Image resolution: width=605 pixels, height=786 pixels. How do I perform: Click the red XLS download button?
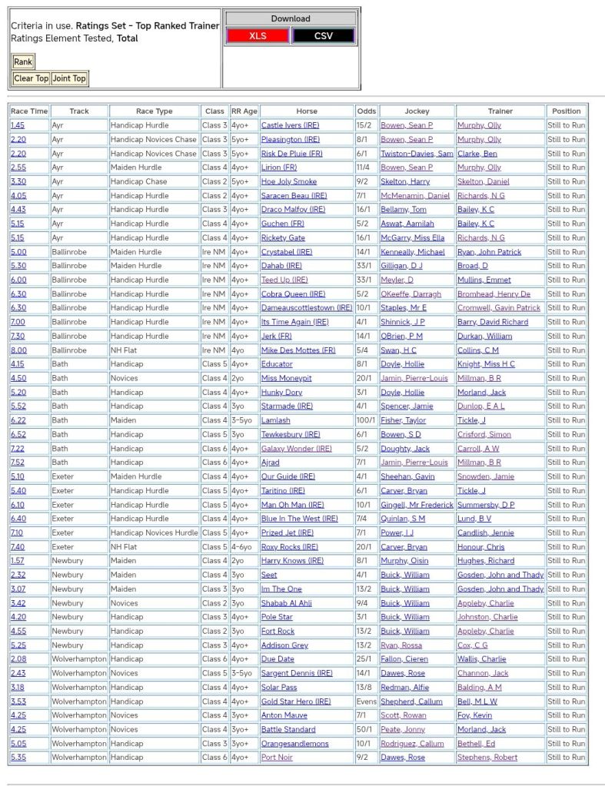(x=258, y=36)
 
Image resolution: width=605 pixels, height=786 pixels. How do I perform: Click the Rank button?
(x=23, y=62)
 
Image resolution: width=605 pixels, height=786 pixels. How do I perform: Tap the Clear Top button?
(x=31, y=78)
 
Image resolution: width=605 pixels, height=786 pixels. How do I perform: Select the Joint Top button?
(x=69, y=78)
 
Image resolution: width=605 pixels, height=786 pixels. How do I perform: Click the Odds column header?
(x=367, y=111)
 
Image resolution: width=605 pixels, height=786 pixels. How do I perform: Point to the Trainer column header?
(x=500, y=111)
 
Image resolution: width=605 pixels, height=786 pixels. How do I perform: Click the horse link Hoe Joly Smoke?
(x=288, y=181)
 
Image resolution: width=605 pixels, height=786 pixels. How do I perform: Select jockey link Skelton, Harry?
(x=405, y=181)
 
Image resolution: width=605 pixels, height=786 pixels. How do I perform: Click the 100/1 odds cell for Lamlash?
(x=366, y=420)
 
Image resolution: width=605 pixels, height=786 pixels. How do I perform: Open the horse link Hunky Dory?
(x=281, y=392)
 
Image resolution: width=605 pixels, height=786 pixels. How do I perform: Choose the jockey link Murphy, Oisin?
(x=404, y=561)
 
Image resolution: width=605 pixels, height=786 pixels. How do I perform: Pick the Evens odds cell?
(x=367, y=701)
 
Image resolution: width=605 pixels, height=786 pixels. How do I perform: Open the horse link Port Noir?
(x=277, y=758)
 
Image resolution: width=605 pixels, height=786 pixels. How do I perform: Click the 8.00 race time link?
(x=18, y=350)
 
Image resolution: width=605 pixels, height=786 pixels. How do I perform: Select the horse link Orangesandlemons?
(x=294, y=744)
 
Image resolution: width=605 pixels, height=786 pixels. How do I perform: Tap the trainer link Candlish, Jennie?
(x=486, y=532)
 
